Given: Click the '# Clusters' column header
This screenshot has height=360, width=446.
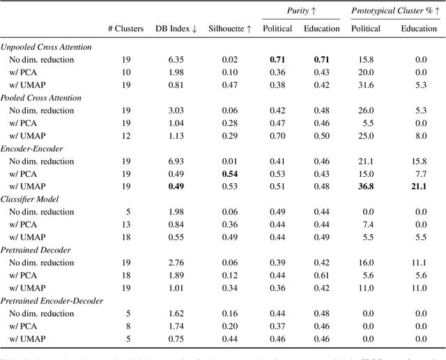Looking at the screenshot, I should [x=126, y=29].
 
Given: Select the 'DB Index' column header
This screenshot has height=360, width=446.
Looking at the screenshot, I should [x=176, y=29].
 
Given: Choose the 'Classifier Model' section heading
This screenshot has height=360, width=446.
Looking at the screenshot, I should [x=40, y=198].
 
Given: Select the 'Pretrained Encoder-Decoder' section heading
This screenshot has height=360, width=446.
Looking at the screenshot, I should [x=62, y=300].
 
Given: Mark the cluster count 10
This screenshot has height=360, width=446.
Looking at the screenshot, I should [x=126, y=72].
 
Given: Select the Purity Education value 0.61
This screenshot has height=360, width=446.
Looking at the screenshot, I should [x=321, y=275].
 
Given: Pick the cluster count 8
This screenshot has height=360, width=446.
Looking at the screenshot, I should [x=126, y=326].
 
